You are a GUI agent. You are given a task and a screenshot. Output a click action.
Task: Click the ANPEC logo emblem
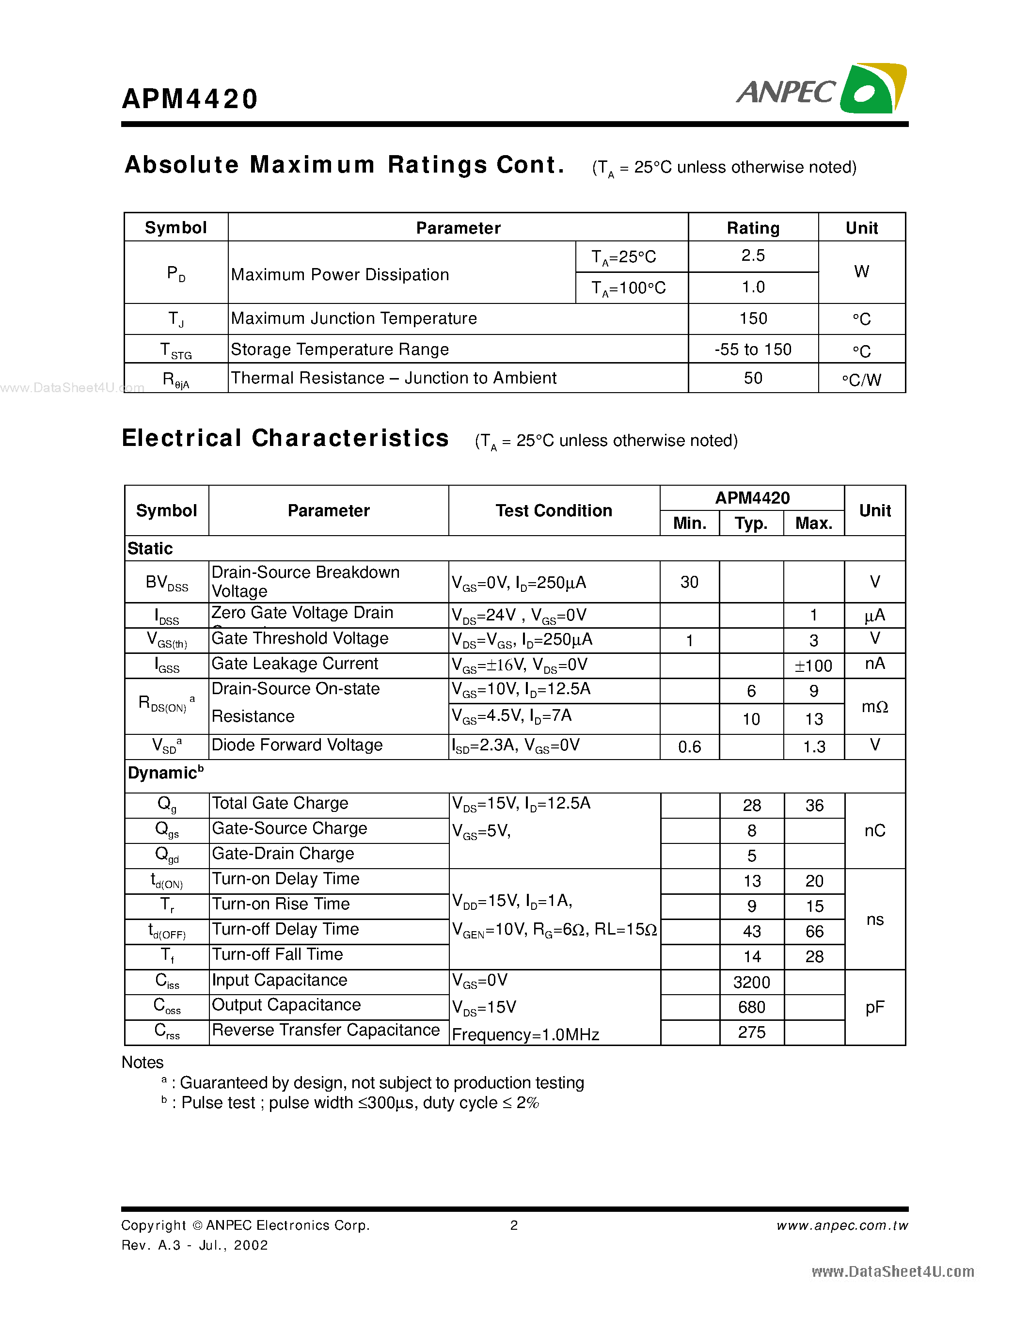coord(872,89)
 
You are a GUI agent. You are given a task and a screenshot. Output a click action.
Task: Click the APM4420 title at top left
coord(190,99)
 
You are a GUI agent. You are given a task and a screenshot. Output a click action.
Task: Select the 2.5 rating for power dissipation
coord(752,256)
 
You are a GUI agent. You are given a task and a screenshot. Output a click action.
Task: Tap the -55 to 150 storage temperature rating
coord(752,349)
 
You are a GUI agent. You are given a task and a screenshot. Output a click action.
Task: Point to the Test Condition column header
coord(554,510)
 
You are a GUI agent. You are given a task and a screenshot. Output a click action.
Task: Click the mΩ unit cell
coord(874,707)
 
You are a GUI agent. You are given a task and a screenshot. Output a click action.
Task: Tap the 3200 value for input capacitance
coord(751,982)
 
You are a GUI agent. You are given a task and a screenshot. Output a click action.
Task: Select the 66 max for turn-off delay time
coord(814,931)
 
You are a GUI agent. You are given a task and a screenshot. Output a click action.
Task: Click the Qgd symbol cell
coord(167,855)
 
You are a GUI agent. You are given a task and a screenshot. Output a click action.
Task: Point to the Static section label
coord(150,548)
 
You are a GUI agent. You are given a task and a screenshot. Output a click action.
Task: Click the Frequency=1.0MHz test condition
coord(525,1034)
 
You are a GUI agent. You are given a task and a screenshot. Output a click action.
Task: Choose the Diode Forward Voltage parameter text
coord(297,745)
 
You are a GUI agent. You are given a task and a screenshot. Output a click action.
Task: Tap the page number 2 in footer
coord(514,1225)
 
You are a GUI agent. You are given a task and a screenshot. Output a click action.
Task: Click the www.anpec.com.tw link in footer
coord(841,1225)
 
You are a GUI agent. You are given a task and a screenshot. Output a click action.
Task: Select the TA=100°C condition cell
coord(629,288)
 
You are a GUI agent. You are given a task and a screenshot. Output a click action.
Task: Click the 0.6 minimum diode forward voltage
coord(690,746)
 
